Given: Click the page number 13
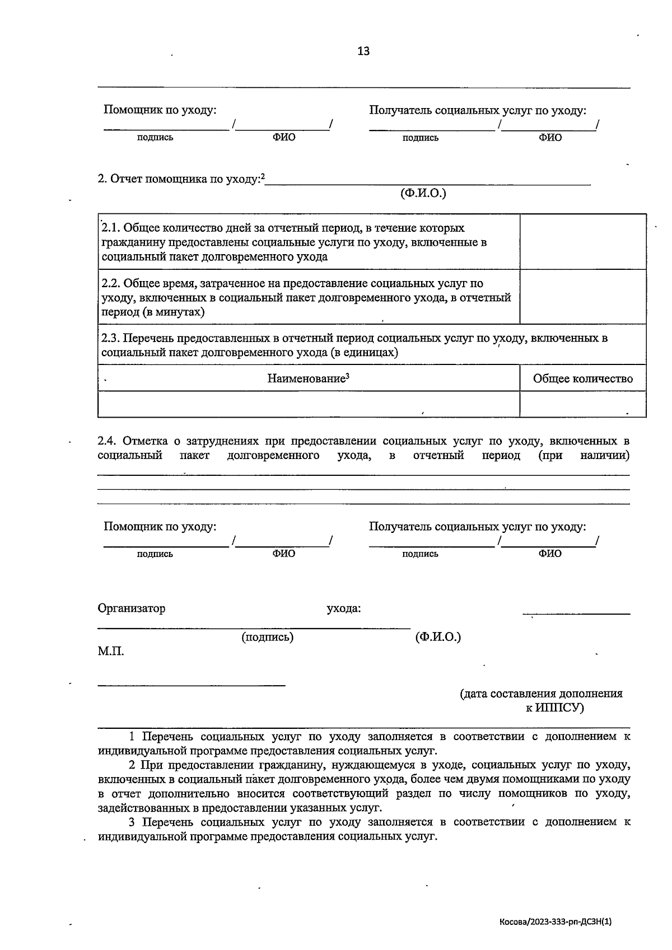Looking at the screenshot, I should pyautogui.click(x=363, y=52).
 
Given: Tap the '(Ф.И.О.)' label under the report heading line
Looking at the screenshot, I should pyautogui.click(x=423, y=194).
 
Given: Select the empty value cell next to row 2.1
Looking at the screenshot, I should pyautogui.click(x=582, y=242).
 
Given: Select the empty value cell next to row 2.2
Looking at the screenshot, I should pyautogui.click(x=582, y=297).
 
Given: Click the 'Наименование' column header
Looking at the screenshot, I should pyautogui.click(x=308, y=378).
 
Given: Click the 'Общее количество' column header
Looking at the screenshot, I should pyautogui.click(x=582, y=379).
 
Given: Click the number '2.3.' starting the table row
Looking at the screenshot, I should pyautogui.click(x=110, y=338).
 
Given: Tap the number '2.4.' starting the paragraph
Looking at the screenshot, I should pyautogui.click(x=107, y=441).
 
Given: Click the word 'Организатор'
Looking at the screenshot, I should pyautogui.click(x=132, y=609).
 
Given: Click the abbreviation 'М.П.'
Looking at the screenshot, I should pyautogui.click(x=110, y=652).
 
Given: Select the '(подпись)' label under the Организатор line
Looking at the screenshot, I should pyautogui.click(x=267, y=637).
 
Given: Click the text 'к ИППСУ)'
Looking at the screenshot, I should pyautogui.click(x=554, y=708).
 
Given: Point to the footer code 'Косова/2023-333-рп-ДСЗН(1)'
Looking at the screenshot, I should pyautogui.click(x=559, y=921).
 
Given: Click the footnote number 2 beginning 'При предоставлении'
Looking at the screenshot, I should pyautogui.click(x=132, y=765).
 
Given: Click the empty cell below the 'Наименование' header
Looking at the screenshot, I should pyautogui.click(x=308, y=404).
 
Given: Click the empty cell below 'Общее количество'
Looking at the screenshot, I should pyautogui.click(x=582, y=404).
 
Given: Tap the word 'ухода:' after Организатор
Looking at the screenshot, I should pyautogui.click(x=343, y=609).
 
